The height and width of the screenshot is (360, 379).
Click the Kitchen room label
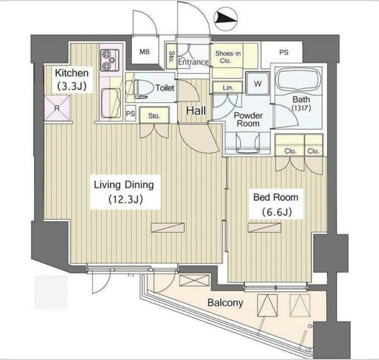click(72, 73)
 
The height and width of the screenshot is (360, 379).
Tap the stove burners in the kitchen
click(110, 60)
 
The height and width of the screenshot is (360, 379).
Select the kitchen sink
click(111, 103)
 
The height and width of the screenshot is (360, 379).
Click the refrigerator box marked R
click(57, 108)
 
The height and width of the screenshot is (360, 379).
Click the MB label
click(144, 52)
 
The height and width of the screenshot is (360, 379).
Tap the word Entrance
click(194, 62)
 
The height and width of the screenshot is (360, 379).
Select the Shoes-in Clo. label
click(228, 57)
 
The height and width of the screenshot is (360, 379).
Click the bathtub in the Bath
click(299, 81)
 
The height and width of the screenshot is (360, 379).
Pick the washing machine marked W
click(258, 84)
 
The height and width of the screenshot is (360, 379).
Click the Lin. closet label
click(228, 88)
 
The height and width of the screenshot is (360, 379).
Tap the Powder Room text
click(248, 119)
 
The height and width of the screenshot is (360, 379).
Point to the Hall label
click(196, 111)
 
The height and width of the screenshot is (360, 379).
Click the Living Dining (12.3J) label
click(124, 192)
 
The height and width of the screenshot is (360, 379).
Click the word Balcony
click(225, 303)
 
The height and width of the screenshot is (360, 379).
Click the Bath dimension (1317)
click(301, 108)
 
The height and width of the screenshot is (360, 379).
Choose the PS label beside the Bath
click(284, 52)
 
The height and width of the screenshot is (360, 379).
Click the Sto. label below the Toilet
click(154, 116)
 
